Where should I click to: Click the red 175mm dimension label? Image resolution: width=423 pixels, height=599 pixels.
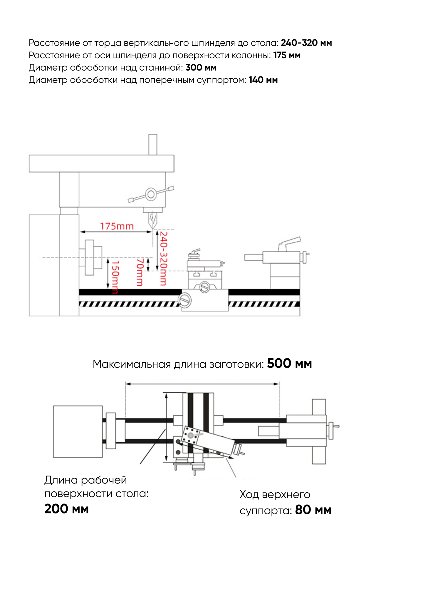(117, 226)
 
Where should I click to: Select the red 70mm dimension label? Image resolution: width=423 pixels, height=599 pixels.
(140, 272)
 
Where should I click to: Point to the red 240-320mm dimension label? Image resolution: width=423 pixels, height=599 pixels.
(163, 258)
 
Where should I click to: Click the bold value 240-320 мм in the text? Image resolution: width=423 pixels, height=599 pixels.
(306, 43)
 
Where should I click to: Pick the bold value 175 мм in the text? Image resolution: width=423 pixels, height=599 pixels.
(287, 55)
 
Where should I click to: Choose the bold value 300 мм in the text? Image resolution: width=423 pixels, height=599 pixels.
(201, 68)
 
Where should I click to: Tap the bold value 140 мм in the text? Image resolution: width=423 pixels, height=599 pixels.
(263, 80)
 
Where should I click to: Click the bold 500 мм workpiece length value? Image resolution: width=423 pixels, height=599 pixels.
(289, 364)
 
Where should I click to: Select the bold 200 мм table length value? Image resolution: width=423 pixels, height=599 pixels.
(66, 509)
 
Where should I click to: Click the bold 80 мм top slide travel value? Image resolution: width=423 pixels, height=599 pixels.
(313, 510)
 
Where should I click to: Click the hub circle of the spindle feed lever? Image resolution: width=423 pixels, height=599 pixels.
(151, 194)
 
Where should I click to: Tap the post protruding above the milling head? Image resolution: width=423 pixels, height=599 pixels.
(152, 144)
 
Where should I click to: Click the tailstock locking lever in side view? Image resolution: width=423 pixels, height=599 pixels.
(290, 243)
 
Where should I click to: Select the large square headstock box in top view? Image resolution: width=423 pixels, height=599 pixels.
(78, 431)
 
